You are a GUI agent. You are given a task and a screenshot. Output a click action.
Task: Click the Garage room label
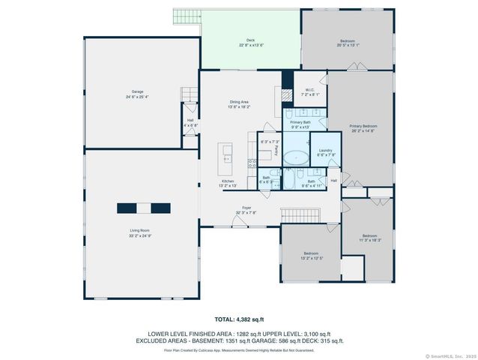(137, 94)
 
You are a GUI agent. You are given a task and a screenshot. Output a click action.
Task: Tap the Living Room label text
(140, 232)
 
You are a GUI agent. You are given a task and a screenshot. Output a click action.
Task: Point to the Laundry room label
(325, 152)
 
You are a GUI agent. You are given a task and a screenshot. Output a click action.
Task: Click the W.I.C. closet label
(309, 92)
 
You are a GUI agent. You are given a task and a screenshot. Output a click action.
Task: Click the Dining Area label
(240, 104)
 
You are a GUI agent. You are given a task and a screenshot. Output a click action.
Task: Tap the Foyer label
(246, 210)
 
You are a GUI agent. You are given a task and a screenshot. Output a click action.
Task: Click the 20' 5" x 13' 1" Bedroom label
(347, 43)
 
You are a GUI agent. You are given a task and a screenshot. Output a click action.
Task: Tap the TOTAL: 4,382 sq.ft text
(238, 319)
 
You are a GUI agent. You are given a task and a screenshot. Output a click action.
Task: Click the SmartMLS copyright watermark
(451, 355)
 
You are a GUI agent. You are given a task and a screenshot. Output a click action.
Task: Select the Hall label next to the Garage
(191, 123)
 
